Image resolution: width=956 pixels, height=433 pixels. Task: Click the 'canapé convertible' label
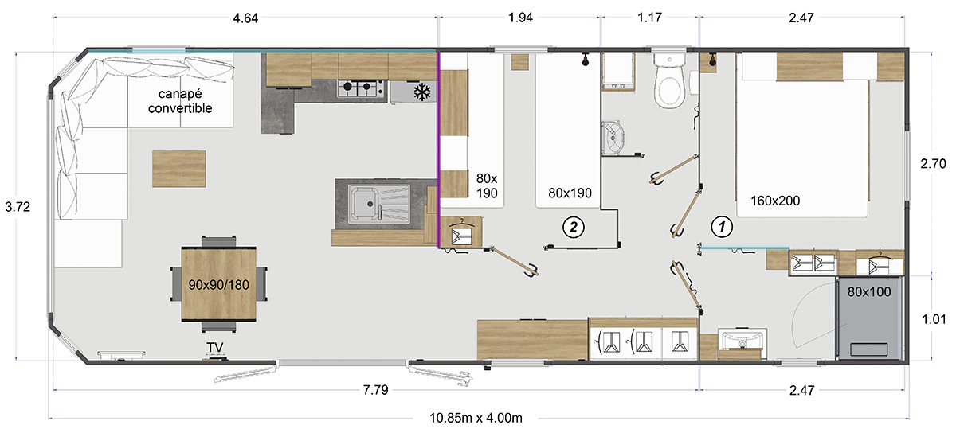click(x=180, y=101)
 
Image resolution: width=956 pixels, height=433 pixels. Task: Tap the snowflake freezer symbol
click(x=422, y=92)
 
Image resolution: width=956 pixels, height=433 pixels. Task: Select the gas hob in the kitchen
click(x=361, y=88)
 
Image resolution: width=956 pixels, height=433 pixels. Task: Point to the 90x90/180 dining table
click(x=218, y=283)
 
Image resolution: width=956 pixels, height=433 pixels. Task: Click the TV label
click(x=214, y=348)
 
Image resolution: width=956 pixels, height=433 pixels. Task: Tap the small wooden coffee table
click(x=178, y=169)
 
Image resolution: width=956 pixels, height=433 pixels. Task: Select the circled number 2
click(x=573, y=227)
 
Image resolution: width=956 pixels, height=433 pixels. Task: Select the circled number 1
click(x=722, y=227)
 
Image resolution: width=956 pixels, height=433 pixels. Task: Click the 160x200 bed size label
click(x=775, y=201)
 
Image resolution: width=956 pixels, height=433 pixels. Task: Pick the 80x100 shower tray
click(x=869, y=318)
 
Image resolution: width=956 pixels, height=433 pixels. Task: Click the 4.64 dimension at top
click(x=245, y=18)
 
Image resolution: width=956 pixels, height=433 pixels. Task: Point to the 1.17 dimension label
click(x=649, y=18)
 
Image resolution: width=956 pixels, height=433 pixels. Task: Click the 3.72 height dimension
click(x=18, y=207)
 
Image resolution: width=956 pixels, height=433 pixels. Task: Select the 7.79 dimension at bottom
click(x=375, y=390)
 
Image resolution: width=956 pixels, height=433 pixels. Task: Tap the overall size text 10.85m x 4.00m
click(x=476, y=418)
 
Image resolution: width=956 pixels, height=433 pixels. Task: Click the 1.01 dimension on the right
click(x=934, y=319)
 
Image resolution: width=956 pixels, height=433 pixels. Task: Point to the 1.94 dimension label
click(x=521, y=18)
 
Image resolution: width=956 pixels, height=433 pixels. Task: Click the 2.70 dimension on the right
click(x=933, y=163)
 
